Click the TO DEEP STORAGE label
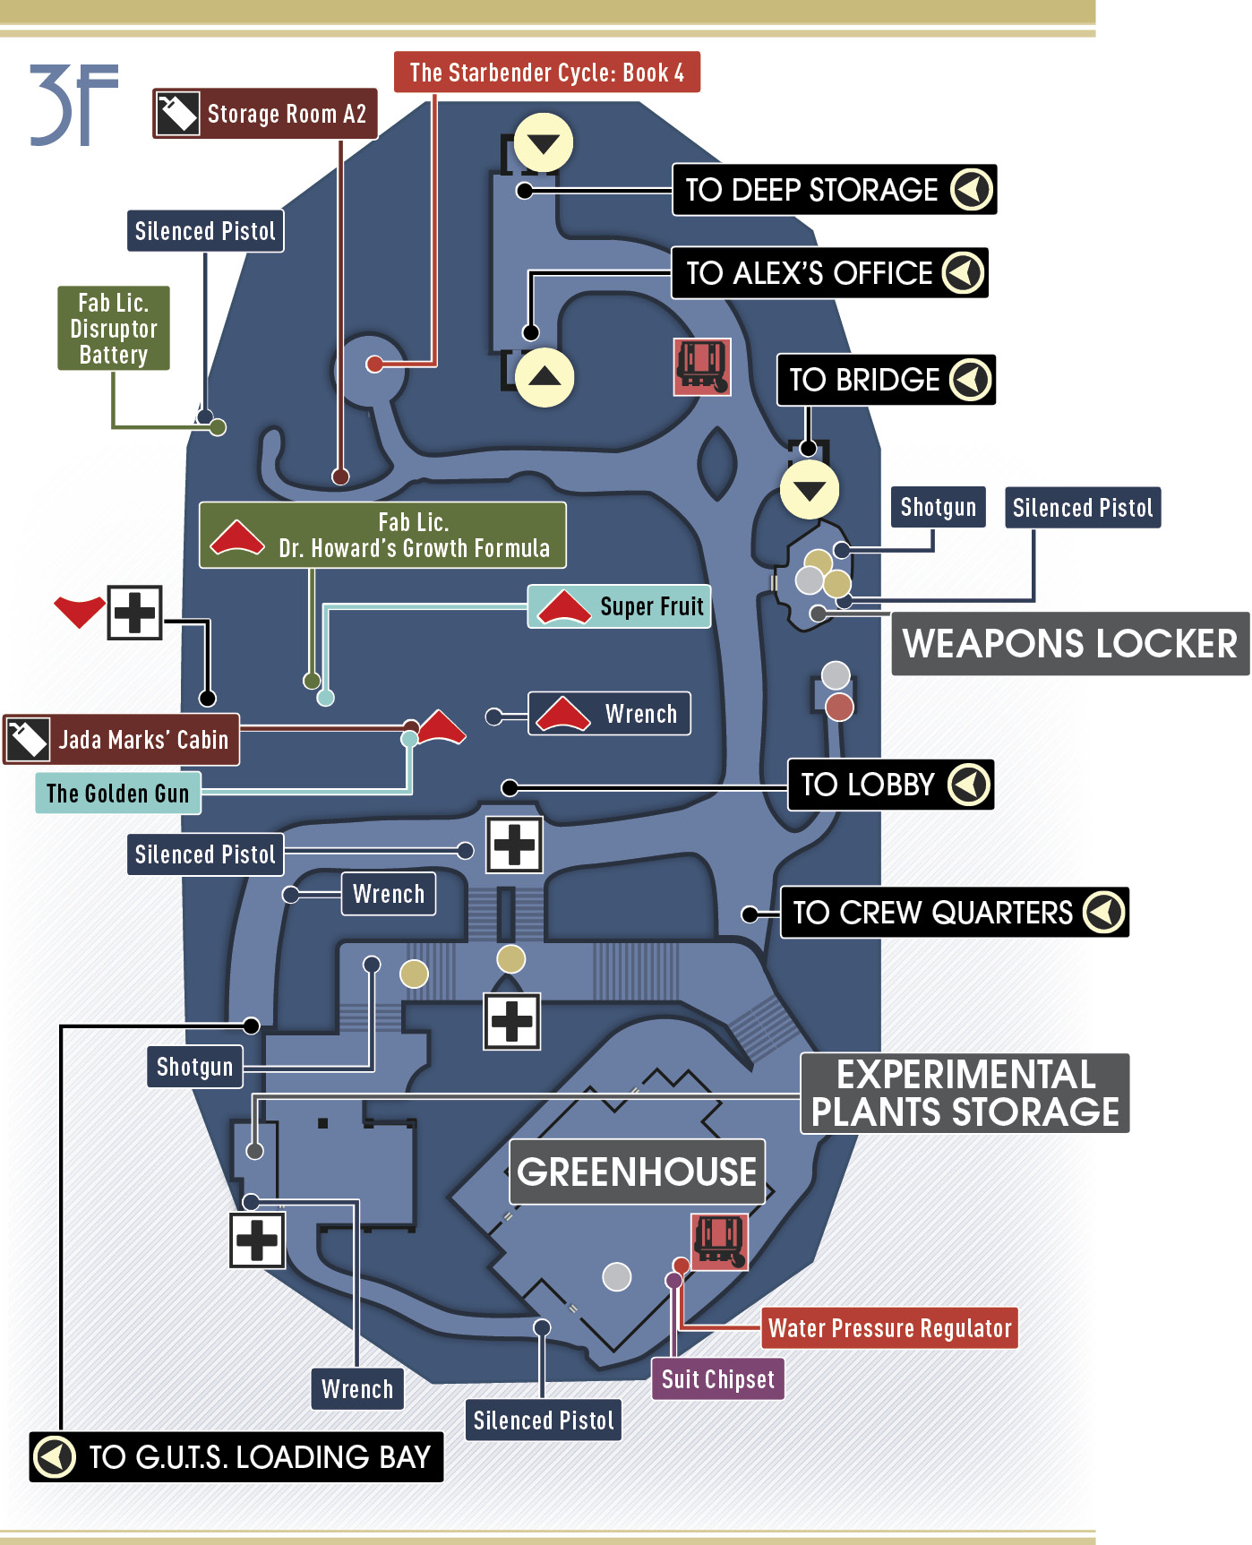point(834,190)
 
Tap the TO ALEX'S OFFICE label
point(829,272)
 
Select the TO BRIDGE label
point(886,380)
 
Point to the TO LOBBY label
point(890,785)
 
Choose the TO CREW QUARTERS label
point(955,913)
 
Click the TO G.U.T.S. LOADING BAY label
point(236,1457)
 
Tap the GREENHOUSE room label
point(637,1172)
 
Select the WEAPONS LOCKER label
point(1070,644)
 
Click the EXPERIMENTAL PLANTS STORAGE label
point(965,1094)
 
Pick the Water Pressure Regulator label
point(890,1328)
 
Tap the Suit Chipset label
point(717,1379)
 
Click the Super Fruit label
point(620,606)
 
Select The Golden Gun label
point(118,794)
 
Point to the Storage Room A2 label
point(265,114)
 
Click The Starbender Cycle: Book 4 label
point(547,72)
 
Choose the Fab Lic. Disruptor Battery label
point(114,329)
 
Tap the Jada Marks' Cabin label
point(122,740)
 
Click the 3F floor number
point(73,105)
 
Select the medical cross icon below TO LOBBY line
point(514,845)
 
